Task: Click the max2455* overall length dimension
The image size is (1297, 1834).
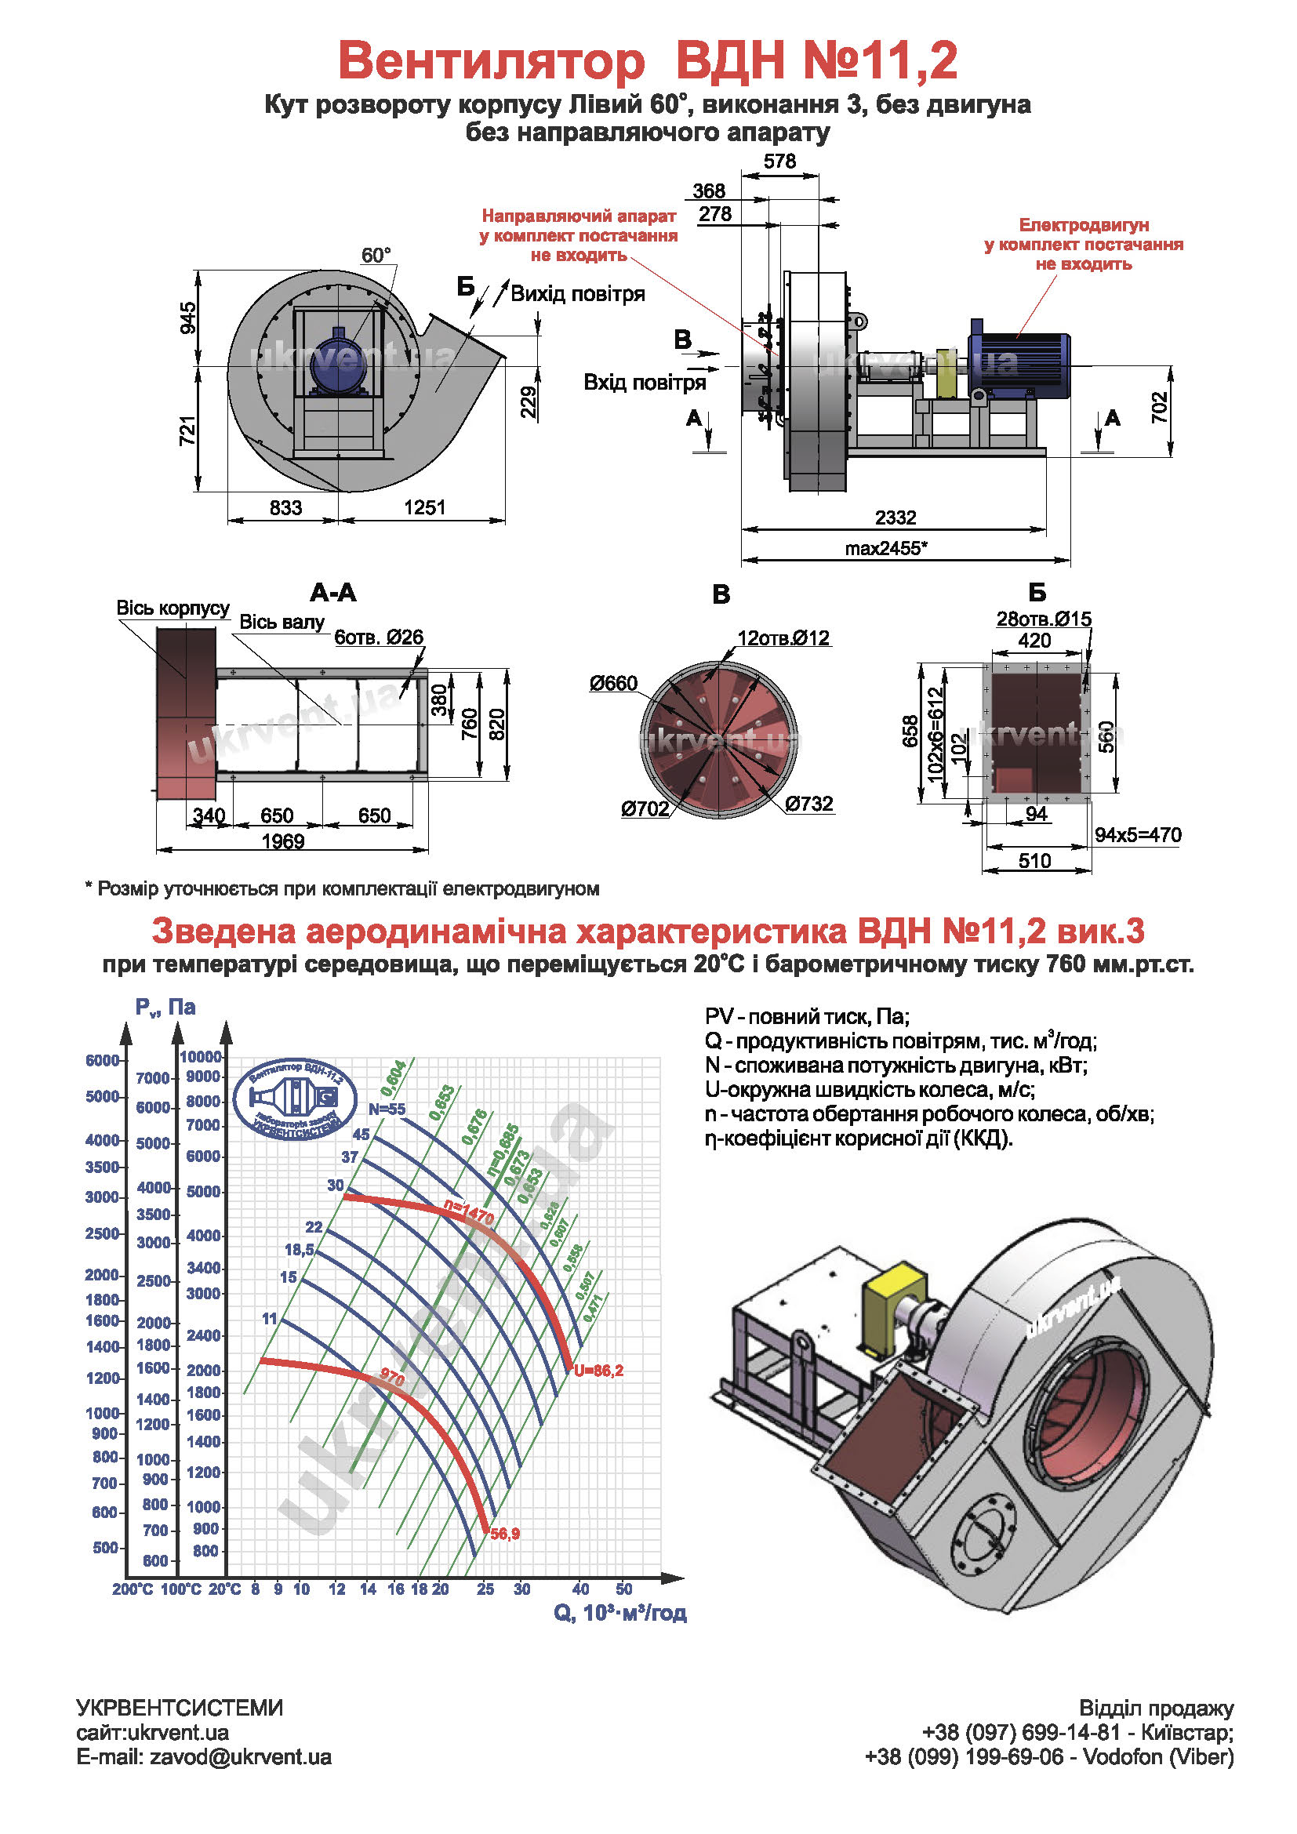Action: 885,548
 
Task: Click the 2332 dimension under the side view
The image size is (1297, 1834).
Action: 895,518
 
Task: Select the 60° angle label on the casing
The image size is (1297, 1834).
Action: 376,256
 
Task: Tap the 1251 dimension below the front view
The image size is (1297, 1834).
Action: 424,507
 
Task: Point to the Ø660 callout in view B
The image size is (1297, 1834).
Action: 613,684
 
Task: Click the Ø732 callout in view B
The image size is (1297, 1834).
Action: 809,804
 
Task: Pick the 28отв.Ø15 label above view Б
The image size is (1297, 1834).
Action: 1043,619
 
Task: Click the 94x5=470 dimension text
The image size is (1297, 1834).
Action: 1137,835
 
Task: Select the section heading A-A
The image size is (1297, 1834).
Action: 333,593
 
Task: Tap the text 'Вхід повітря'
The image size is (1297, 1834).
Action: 645,383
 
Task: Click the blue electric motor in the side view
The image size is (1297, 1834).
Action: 1019,365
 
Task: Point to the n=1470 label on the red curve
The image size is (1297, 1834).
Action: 469,1213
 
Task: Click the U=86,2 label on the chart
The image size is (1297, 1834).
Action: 598,1371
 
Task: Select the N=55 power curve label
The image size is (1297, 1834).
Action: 387,1109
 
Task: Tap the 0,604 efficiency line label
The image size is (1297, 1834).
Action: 394,1077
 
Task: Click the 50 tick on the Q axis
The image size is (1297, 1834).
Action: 623,1589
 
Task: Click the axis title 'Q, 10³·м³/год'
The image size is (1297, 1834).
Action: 619,1613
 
